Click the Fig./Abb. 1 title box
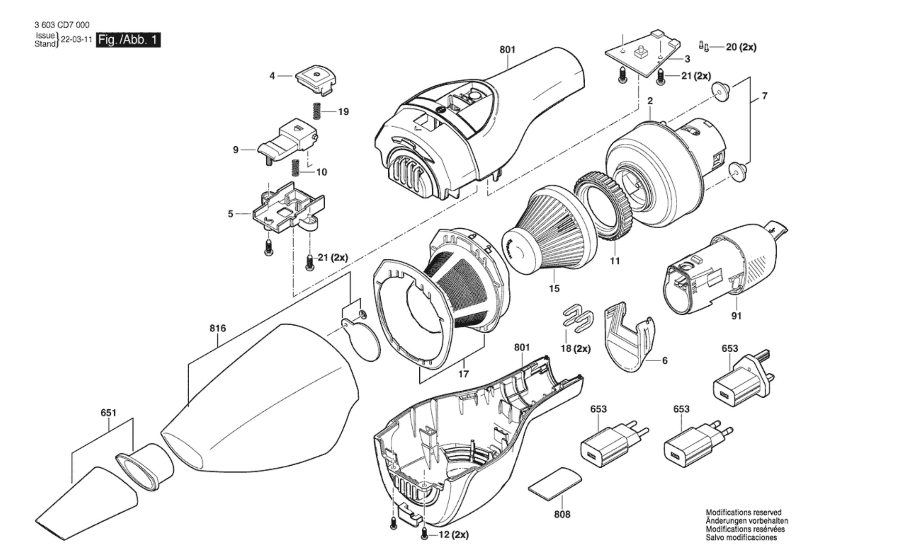click(128, 40)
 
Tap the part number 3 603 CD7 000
click(62, 25)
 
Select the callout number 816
click(217, 328)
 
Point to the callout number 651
click(108, 413)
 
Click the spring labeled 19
click(317, 111)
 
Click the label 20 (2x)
click(741, 47)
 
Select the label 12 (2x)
click(454, 535)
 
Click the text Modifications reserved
click(743, 513)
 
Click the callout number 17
click(463, 374)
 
